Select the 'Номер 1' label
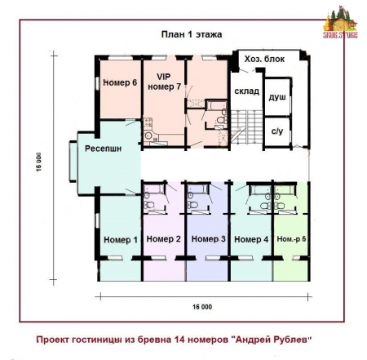click(120, 240)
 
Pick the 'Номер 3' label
click(208, 239)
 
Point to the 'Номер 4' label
click(251, 240)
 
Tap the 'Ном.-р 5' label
click(291, 239)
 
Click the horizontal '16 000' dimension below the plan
click(202, 306)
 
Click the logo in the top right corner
click(342, 22)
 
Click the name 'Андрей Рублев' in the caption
click(271, 338)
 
